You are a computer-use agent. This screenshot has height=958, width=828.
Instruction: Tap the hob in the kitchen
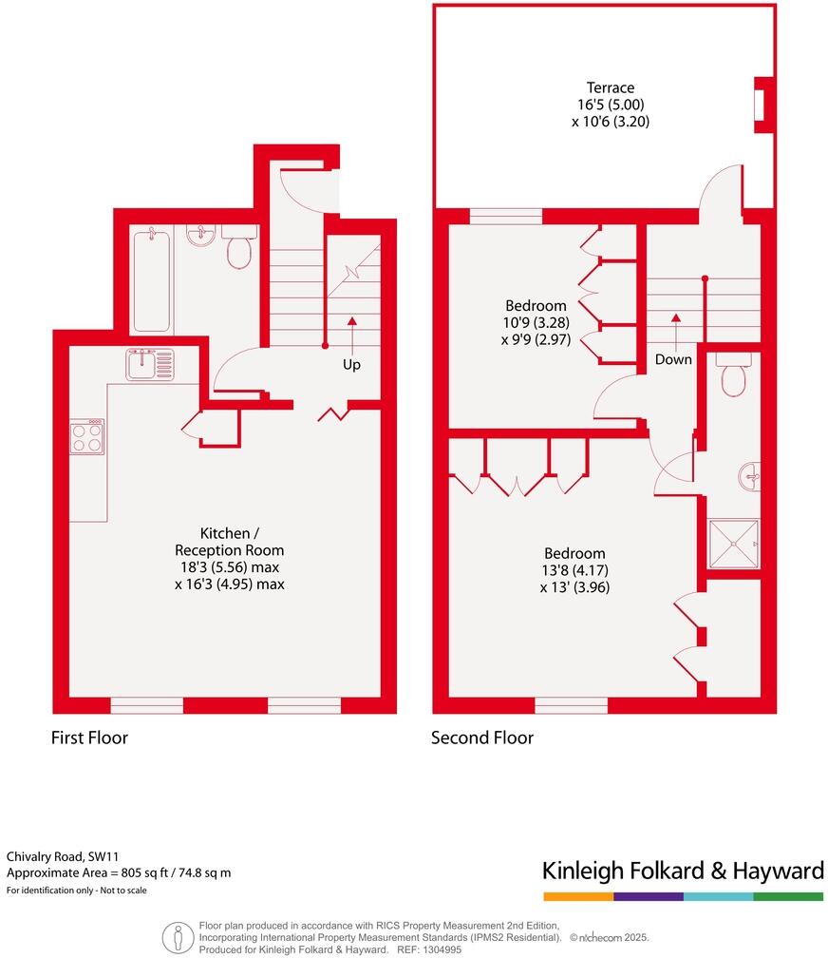pyautogui.click(x=86, y=437)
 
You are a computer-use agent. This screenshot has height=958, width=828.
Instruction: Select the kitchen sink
pyautogui.click(x=150, y=363)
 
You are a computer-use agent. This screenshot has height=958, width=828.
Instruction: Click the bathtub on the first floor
pyautogui.click(x=152, y=279)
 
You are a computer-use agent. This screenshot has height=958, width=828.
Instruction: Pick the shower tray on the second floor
pyautogui.click(x=734, y=544)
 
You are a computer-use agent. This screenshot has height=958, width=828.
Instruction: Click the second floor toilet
pyautogui.click(x=734, y=377)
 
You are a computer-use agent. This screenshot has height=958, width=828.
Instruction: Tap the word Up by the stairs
pyautogui.click(x=351, y=364)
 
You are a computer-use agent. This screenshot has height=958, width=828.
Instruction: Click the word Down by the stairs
pyautogui.click(x=673, y=360)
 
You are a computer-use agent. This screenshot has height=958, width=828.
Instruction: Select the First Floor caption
pyautogui.click(x=89, y=738)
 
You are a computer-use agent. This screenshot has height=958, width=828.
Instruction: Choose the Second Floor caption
pyautogui.click(x=482, y=738)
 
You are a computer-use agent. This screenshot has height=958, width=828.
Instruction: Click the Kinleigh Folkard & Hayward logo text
pyautogui.click(x=682, y=871)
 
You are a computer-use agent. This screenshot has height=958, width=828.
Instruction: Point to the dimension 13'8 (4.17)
pyautogui.click(x=574, y=570)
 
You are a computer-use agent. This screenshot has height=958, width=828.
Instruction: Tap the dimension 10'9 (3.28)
pyautogui.click(x=536, y=322)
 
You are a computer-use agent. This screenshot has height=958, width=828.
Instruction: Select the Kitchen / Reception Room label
pyautogui.click(x=229, y=542)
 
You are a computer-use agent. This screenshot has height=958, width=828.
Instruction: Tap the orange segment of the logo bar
pyautogui.click(x=578, y=896)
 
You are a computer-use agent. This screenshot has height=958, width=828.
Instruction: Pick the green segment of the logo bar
pyautogui.click(x=788, y=896)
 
